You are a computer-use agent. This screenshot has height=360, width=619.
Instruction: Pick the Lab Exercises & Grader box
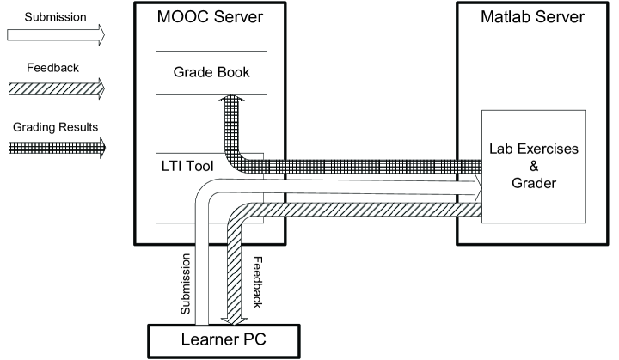534,166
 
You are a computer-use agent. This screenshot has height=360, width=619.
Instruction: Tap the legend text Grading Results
54,126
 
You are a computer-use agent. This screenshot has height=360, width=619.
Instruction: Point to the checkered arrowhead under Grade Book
230,102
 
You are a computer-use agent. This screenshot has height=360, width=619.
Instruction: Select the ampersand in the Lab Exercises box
534,166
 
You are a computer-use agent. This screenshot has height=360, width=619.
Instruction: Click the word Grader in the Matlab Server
534,182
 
